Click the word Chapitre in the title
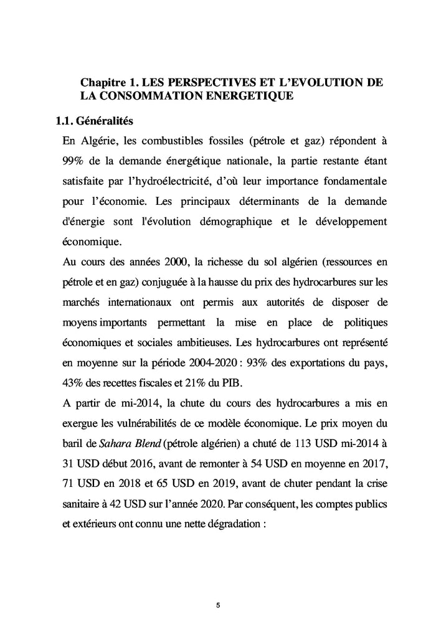(x=103, y=83)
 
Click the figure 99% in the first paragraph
(x=74, y=161)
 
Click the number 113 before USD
(x=307, y=443)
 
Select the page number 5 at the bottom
(x=218, y=605)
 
